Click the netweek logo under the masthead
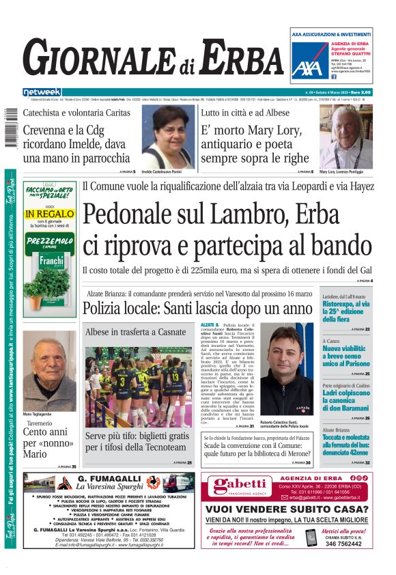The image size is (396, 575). point(42,92)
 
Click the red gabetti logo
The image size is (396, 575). point(232,487)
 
